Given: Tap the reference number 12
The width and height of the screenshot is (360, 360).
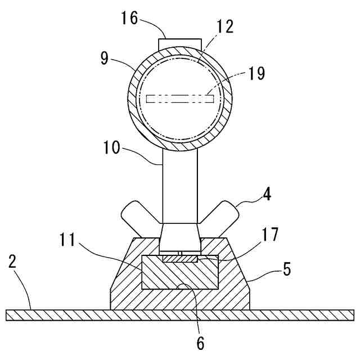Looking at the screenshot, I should pos(224,26).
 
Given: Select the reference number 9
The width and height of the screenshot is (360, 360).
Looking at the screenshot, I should pos(104,58).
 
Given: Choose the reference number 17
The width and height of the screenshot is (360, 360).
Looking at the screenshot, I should pos(270,235).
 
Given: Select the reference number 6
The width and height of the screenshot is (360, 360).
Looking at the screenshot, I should pos(200,341).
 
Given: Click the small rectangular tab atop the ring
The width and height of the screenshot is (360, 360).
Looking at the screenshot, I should pos(180,43).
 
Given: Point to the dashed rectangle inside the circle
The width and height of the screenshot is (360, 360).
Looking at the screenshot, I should pos(180,99).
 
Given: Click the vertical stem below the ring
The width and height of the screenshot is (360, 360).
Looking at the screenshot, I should pos(180,186).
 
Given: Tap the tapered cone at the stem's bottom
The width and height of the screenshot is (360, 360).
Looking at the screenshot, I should pos(180,237).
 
